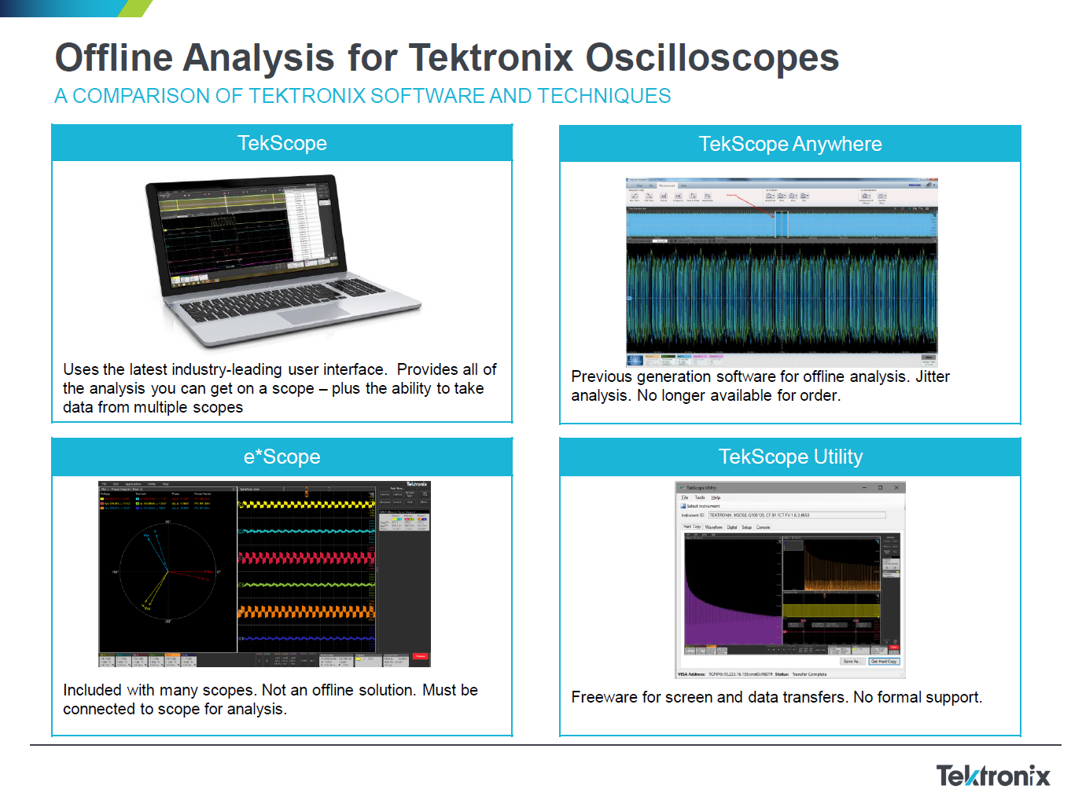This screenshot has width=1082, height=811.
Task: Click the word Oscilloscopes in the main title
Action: (x=712, y=58)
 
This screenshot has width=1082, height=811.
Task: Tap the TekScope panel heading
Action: (x=282, y=143)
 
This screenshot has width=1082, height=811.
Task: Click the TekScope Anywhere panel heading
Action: (x=789, y=144)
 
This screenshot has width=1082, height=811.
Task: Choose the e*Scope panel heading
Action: (x=282, y=457)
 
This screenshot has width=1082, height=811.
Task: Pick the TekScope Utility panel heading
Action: (x=789, y=457)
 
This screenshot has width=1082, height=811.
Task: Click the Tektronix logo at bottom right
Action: (x=992, y=776)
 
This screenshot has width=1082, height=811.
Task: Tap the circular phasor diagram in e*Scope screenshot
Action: (x=167, y=572)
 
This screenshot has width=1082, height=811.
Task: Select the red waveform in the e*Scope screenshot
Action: (x=307, y=558)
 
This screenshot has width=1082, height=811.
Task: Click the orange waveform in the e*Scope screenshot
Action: (x=307, y=611)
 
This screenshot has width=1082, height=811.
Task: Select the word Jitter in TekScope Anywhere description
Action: (x=932, y=376)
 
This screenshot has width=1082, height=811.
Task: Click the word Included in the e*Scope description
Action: (x=92, y=690)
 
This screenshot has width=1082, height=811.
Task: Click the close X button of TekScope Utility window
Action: (x=896, y=487)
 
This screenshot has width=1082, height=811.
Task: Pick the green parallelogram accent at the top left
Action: (x=135, y=8)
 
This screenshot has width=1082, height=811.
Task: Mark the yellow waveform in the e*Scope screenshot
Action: (x=307, y=505)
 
